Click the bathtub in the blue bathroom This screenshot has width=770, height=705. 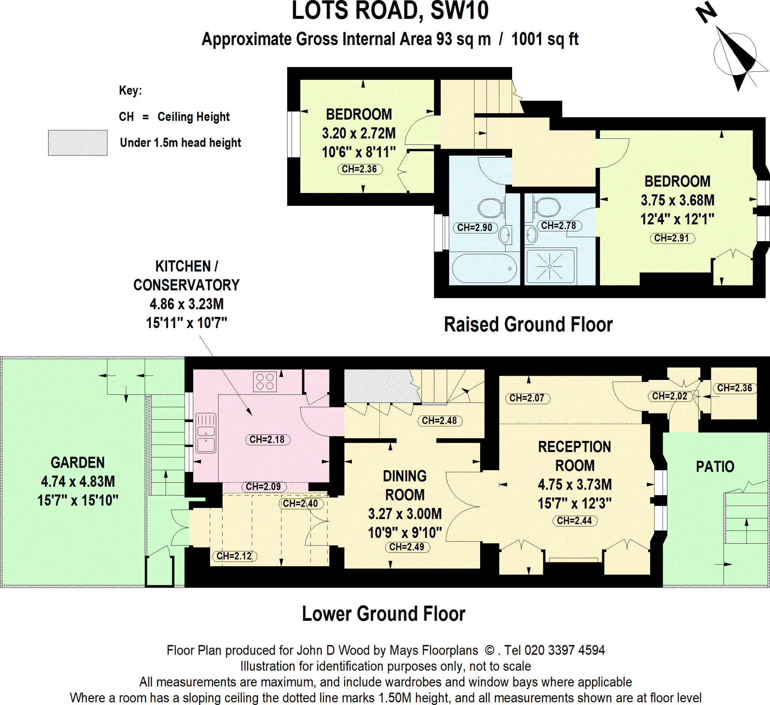tap(484, 268)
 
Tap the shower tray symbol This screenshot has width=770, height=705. tap(550, 266)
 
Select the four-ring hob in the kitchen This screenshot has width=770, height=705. tap(265, 381)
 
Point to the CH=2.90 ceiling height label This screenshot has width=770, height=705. tap(475, 228)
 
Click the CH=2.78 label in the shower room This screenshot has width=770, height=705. tap(558, 226)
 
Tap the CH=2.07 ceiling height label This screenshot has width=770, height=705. tap(527, 398)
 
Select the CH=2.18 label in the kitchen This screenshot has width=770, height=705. tap(267, 439)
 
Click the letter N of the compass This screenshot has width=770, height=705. tap(706, 12)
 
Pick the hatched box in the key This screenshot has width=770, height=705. tap(77, 143)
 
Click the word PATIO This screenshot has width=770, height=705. tap(715, 466)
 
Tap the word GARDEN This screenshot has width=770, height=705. tap(77, 462)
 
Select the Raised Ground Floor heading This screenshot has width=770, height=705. tap(528, 324)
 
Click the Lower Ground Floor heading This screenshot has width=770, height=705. tap(383, 614)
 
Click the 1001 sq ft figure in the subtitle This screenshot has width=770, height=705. tap(545, 39)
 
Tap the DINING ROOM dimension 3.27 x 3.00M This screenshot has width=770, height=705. tap(405, 514)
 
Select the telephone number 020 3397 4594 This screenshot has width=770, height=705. tap(564, 650)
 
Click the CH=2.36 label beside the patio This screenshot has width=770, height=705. tap(734, 388)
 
